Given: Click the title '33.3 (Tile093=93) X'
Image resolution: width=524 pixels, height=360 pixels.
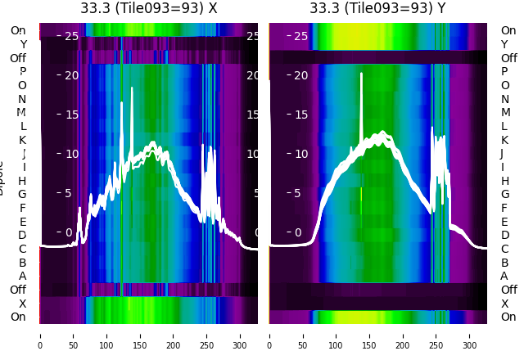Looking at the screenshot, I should (149, 8).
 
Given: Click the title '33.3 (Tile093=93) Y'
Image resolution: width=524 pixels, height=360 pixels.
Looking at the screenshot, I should (378, 8).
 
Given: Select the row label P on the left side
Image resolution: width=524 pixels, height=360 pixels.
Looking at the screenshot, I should (23, 72).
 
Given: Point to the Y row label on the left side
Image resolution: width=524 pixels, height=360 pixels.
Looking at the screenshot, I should (23, 44).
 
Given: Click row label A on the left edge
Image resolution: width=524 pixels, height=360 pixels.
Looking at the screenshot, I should (23, 276).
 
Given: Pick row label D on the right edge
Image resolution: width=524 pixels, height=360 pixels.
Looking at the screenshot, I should (504, 236).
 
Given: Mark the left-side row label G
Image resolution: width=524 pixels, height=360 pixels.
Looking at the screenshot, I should (22, 195).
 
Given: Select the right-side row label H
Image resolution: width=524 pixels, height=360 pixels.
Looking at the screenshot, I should (504, 181).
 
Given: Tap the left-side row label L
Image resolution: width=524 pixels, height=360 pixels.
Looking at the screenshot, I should (23, 126).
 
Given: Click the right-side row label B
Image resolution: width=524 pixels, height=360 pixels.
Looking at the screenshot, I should (504, 263).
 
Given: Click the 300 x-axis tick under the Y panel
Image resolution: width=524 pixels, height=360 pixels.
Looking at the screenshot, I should (470, 335).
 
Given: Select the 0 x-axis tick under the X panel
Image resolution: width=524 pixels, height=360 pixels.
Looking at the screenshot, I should (40, 335).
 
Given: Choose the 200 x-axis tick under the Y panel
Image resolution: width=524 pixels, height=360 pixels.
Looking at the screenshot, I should (403, 335).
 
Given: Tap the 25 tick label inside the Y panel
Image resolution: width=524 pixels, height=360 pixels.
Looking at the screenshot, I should (300, 36).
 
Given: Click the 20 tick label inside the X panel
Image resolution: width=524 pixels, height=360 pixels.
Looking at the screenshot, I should (71, 75).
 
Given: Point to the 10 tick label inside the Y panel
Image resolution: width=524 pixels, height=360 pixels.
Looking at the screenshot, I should (300, 154).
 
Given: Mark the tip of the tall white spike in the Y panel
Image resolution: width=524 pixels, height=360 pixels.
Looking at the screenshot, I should (361, 74).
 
